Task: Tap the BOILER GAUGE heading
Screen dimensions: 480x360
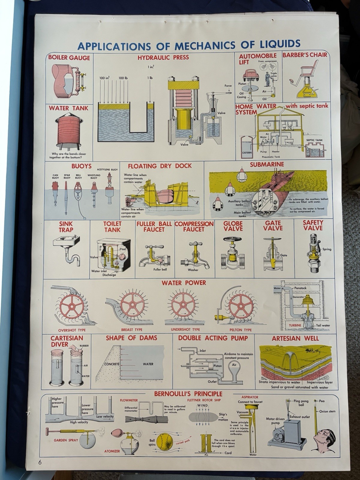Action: point(69,58)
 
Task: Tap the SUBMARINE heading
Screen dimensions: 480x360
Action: point(267,164)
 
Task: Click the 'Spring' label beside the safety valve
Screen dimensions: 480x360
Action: point(327,249)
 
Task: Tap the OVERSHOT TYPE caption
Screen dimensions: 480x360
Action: point(72,330)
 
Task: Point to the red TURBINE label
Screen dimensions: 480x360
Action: point(295,325)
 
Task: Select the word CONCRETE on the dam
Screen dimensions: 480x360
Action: point(112,364)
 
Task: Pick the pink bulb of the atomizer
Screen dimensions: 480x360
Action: point(116,434)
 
